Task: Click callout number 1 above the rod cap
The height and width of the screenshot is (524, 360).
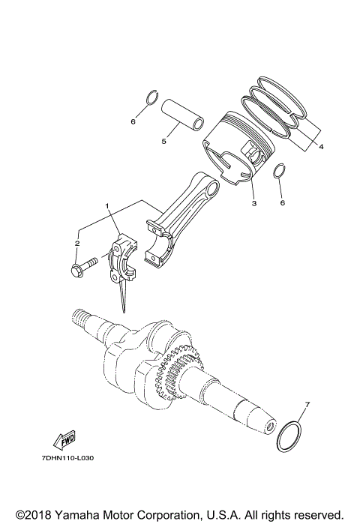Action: pyautogui.click(x=107, y=205)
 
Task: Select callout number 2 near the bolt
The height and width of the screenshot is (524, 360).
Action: pyautogui.click(x=76, y=243)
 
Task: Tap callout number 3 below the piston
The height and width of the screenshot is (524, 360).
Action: pyautogui.click(x=253, y=203)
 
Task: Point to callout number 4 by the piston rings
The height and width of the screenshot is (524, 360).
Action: pyautogui.click(x=321, y=147)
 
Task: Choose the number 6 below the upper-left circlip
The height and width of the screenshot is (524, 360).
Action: pyautogui.click(x=133, y=121)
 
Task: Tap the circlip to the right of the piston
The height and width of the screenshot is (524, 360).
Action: pyautogui.click(x=280, y=172)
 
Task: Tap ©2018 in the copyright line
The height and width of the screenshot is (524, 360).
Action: pyautogui.click(x=37, y=514)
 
